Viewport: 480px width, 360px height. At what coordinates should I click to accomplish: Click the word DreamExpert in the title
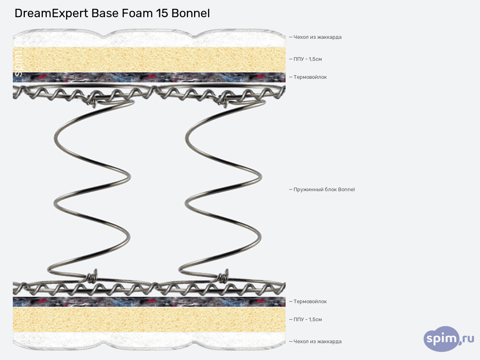pyautogui.click(x=51, y=13)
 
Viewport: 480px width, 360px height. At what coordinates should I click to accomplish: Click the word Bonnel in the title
pyautogui.click(x=190, y=13)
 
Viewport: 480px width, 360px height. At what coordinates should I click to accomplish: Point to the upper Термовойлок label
pyautogui.click(x=310, y=77)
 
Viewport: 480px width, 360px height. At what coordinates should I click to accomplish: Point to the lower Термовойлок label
pyautogui.click(x=310, y=302)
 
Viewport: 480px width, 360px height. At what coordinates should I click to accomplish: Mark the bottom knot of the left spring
pyautogui.click(x=92, y=276)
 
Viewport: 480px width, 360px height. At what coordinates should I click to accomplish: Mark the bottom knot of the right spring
pyautogui.click(x=222, y=276)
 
